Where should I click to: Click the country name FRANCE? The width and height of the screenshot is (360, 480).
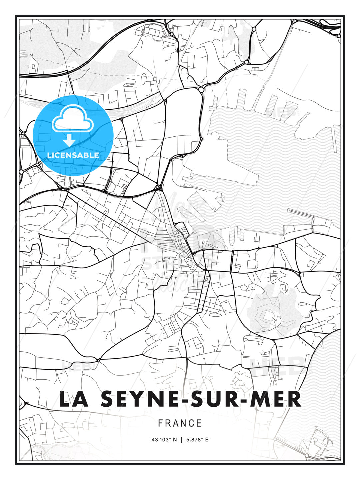pos(180,423)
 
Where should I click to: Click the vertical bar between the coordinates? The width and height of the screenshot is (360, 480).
pos(181,440)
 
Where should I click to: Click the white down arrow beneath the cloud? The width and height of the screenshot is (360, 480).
pos(69,140)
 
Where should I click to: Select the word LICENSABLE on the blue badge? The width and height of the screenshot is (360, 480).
pos(73,155)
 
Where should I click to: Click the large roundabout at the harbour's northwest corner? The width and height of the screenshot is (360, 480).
pos(201,89)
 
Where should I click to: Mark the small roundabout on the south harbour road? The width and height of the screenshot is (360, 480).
pos(258,248)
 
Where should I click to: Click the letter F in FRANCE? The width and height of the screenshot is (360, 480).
pos(160,423)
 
